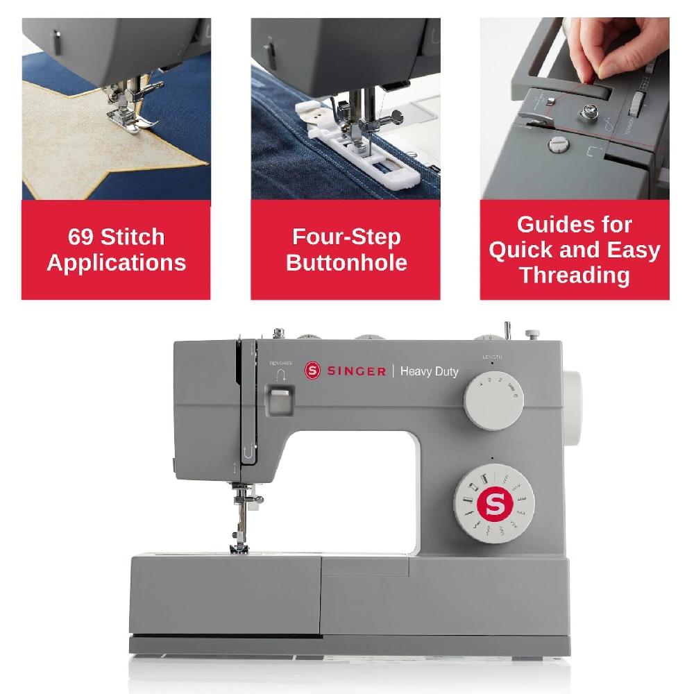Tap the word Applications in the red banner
(116, 263)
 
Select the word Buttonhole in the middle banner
(346, 263)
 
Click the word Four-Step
(346, 237)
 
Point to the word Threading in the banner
(575, 276)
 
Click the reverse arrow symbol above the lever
(281, 375)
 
